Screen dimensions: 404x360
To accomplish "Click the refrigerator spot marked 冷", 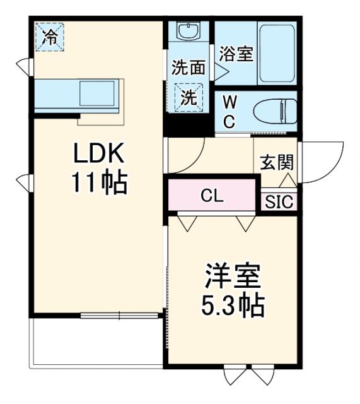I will point(49,36).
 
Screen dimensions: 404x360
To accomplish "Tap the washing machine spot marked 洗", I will point(189,97).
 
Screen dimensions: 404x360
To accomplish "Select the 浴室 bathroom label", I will point(236,54).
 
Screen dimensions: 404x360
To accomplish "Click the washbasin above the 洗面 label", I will point(188,32).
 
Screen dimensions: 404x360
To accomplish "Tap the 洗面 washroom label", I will point(188,65).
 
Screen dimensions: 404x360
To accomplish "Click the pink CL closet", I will point(212,196).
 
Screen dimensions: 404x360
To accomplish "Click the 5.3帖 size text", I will point(233,307).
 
